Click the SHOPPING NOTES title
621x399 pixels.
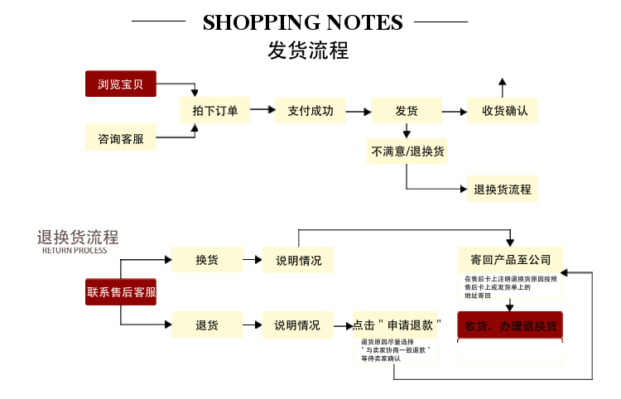tap(303, 22)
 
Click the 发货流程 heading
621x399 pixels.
tap(308, 50)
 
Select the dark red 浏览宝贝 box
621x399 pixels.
tap(121, 84)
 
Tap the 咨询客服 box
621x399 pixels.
tap(121, 138)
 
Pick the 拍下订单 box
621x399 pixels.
tap(215, 110)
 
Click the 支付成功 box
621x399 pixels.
tap(310, 110)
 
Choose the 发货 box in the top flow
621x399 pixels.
tap(406, 110)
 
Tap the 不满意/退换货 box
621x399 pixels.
tap(407, 151)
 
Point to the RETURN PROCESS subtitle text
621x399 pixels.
tap(75, 250)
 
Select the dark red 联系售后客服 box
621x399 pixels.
tap(121, 291)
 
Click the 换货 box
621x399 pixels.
tap(207, 260)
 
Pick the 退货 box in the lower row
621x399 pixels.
tap(207, 324)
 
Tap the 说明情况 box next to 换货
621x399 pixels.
tap(298, 260)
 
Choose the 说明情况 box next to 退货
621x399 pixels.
tap(298, 324)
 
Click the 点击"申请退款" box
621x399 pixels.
tap(397, 324)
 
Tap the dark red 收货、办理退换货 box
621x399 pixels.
tap(510, 324)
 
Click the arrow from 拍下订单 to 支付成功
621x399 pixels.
tap(262, 109)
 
